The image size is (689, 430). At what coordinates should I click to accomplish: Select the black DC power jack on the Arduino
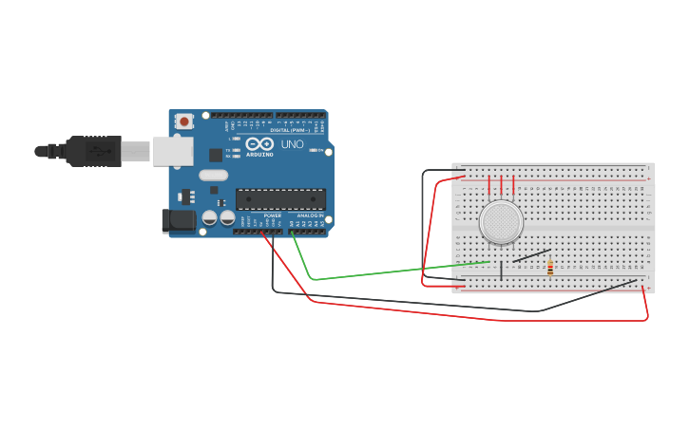[x=178, y=221]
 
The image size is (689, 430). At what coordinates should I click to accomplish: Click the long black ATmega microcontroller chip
[x=280, y=198]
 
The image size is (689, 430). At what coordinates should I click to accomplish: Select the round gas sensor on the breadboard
[x=501, y=222]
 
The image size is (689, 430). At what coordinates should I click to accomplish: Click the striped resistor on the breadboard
[x=550, y=267]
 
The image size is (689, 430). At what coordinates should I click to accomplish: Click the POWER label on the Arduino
[x=273, y=216]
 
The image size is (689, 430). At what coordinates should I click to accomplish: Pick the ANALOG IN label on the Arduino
[x=310, y=216]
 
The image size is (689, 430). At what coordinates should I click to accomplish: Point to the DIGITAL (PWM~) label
[x=292, y=131]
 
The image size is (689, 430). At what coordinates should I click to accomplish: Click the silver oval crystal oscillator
[x=213, y=175]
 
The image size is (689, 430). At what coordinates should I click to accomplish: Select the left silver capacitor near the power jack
[x=210, y=218]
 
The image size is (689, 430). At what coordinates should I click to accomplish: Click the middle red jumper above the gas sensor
[x=502, y=185]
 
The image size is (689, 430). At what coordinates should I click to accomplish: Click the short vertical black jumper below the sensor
[x=502, y=271]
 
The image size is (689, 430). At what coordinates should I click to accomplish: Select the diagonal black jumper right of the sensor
[x=531, y=255]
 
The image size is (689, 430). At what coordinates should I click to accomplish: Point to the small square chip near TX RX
[x=216, y=154]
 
